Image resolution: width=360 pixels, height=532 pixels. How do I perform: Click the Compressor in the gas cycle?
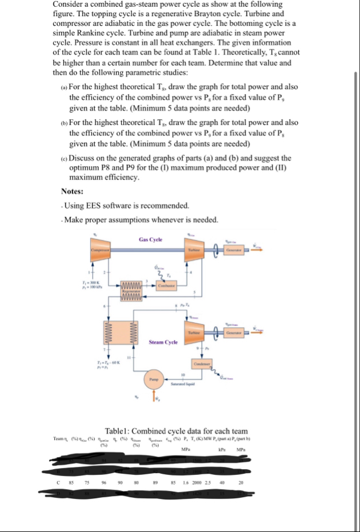click(x=99, y=250)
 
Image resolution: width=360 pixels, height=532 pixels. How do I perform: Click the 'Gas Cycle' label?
click(x=150, y=239)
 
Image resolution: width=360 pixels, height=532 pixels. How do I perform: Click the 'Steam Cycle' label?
click(x=163, y=343)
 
